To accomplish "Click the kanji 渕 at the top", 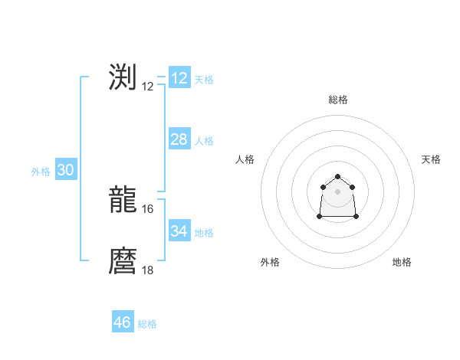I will coord(123,77).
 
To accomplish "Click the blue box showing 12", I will coord(179,78).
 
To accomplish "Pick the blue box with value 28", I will coord(179,139).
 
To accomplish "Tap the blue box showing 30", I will coord(65,170).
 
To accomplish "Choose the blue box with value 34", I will coord(179,231).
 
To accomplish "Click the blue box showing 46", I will coord(123,322).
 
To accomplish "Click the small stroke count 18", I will coord(148,270).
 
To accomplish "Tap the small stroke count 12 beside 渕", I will coord(148,87).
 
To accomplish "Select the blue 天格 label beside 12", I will coord(204,80).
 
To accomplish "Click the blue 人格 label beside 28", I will coord(204,141).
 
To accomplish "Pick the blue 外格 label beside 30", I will coord(41,172).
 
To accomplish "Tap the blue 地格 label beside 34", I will coord(204,233).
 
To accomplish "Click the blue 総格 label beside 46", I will coord(147,324).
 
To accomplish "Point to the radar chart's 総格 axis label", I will coord(338,100).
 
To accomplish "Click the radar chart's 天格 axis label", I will coord(431,159).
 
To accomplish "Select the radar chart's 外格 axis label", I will coord(270,262).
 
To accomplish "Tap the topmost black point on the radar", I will coord(338,176).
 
